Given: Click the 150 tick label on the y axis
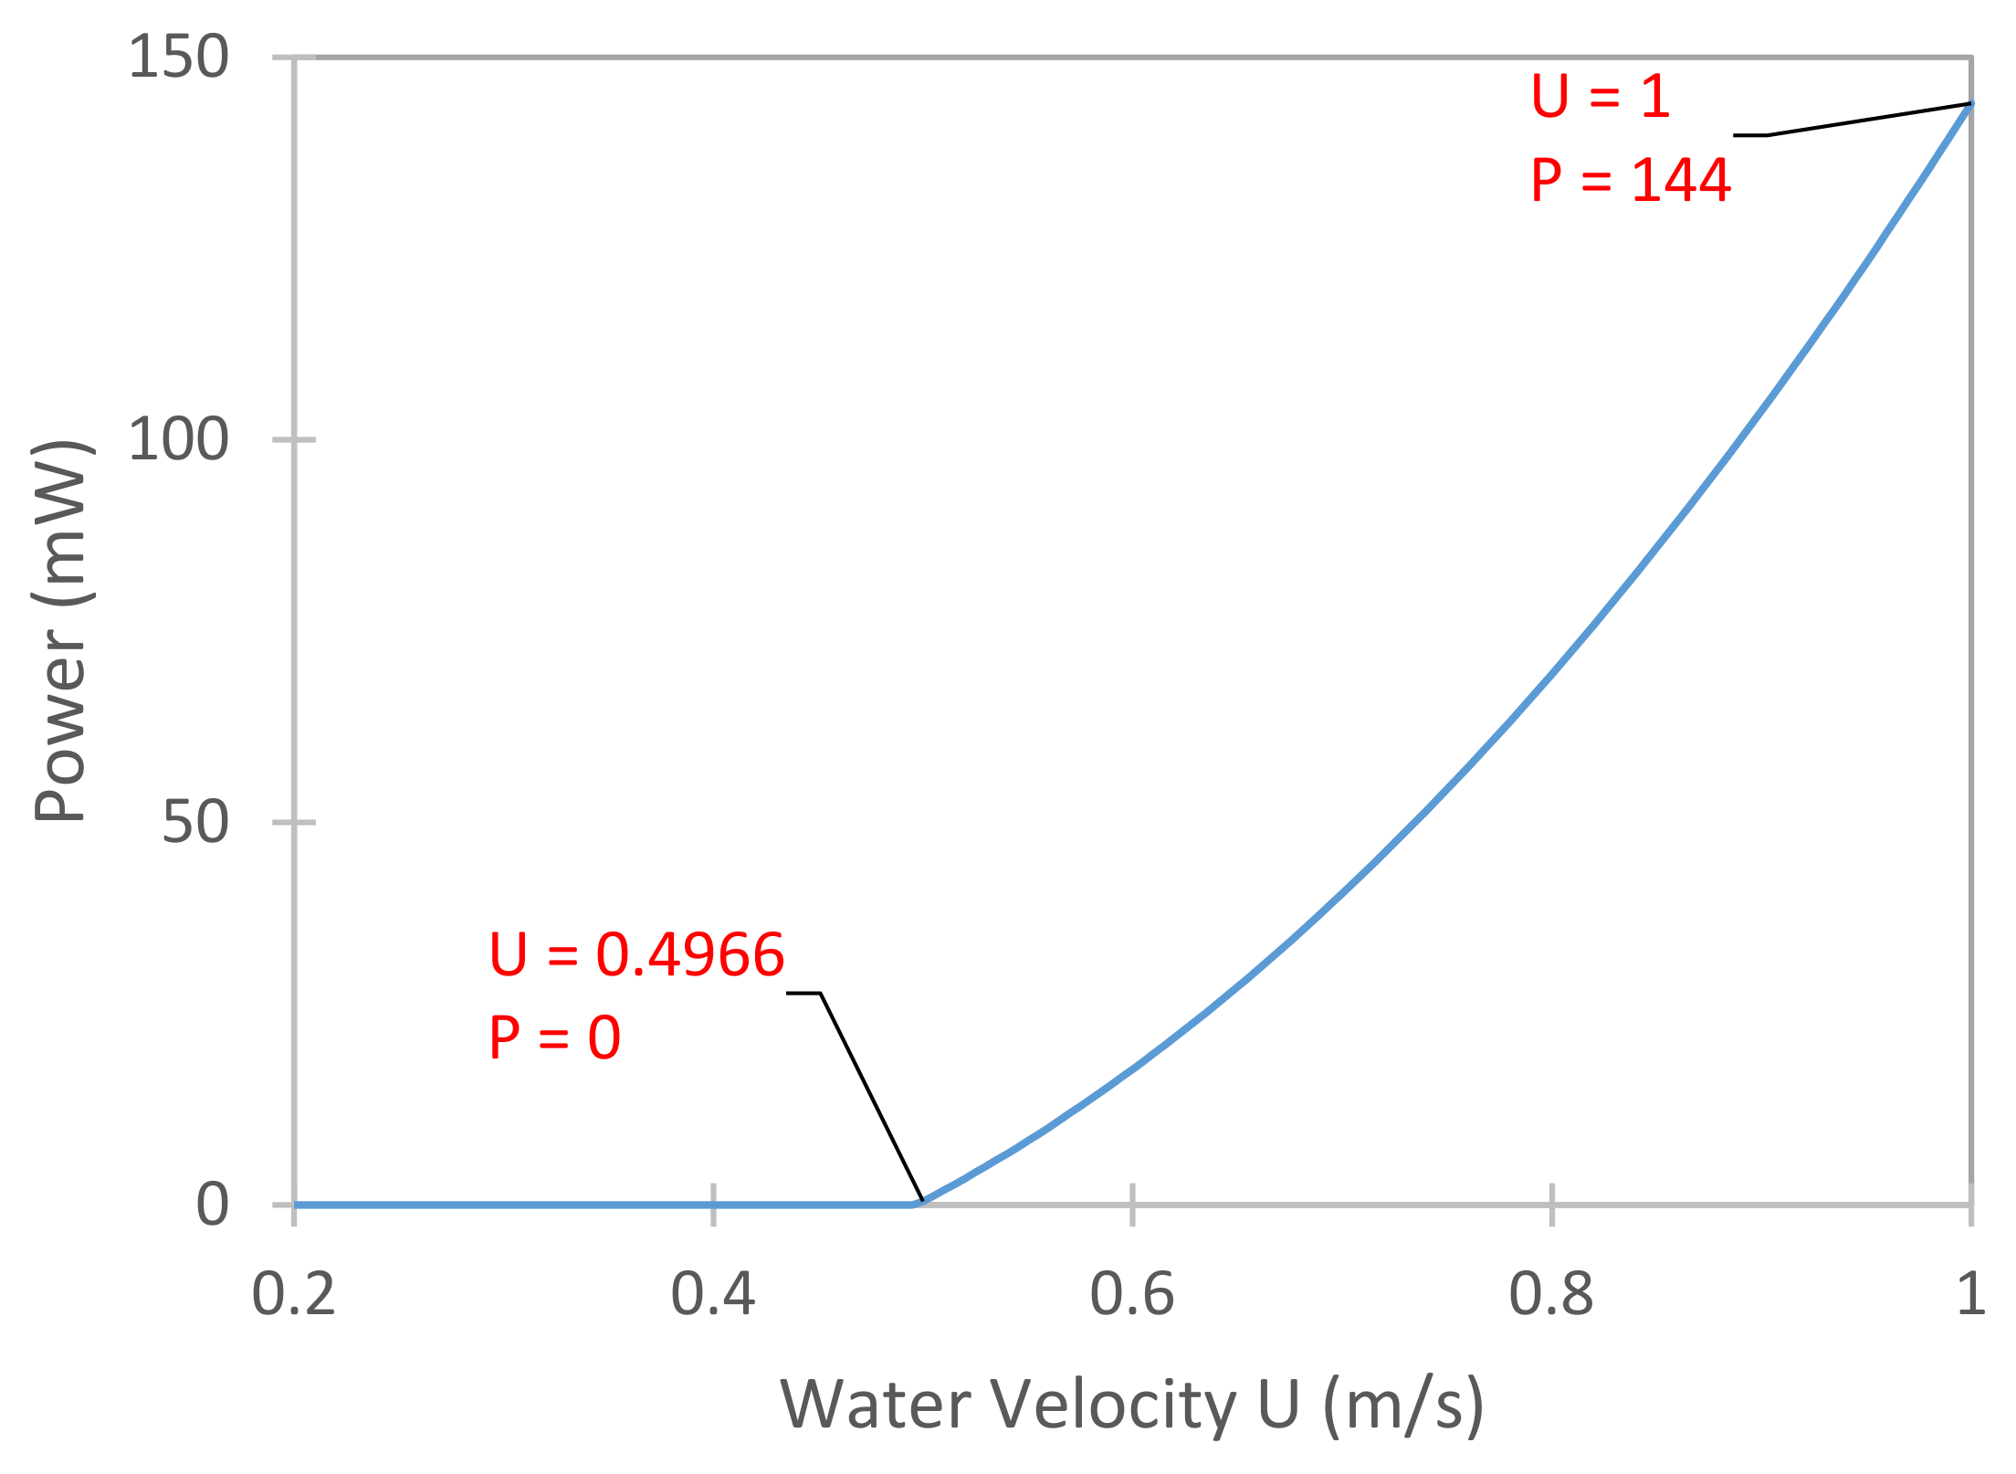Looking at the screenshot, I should [x=178, y=58].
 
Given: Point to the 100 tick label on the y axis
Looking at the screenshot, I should [x=178, y=439].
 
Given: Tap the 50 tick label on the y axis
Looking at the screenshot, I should [x=194, y=822].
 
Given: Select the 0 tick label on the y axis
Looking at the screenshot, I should [x=212, y=1204].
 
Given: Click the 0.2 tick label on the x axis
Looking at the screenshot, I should [x=293, y=1295].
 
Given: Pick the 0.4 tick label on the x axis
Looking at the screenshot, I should [x=712, y=1295].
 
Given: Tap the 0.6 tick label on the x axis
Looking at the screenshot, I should [x=1131, y=1295].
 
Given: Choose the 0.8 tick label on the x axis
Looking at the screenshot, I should [x=1550, y=1295].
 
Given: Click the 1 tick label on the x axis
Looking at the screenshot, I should [x=1970, y=1295].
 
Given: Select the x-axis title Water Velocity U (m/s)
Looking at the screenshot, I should [x=1131, y=1406].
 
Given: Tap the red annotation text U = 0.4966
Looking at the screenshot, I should [x=636, y=955].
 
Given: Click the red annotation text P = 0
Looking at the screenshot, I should [x=554, y=1038].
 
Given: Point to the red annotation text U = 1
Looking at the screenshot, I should [x=1601, y=96].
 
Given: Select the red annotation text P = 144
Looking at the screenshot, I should [x=1631, y=180].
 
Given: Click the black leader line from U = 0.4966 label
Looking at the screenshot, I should [x=872, y=1096].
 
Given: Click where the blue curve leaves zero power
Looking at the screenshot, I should [x=917, y=1203].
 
